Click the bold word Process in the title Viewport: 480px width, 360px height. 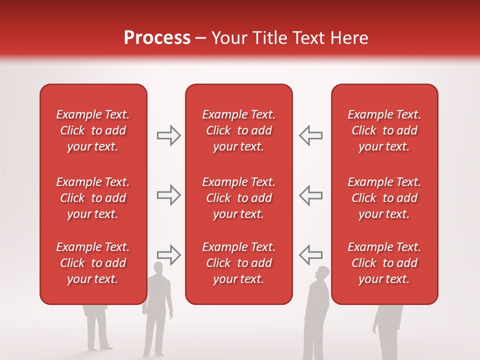(x=157, y=38)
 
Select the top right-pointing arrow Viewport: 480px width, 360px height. (x=168, y=135)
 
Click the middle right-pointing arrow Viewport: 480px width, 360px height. (x=168, y=195)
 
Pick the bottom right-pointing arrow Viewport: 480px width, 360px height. (x=168, y=254)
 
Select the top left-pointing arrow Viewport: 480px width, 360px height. (x=310, y=135)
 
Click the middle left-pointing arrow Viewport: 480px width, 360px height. (x=310, y=195)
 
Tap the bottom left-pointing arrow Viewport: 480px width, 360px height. (x=310, y=254)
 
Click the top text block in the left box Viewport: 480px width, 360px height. (x=93, y=130)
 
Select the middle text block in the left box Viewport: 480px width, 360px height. (x=93, y=198)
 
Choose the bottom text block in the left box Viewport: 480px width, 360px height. (x=93, y=263)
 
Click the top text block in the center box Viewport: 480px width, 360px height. (x=238, y=130)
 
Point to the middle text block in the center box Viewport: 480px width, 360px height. (x=238, y=198)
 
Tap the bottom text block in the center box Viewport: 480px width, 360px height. (x=238, y=263)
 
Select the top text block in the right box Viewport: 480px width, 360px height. (x=384, y=130)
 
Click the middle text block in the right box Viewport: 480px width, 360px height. (x=384, y=198)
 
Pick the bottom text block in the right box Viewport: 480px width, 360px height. (x=384, y=263)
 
